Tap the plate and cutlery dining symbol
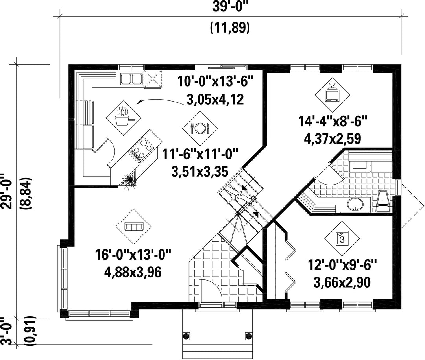(200, 127)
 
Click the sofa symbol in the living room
(133, 226)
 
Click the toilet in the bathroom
(383, 201)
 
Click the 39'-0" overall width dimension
(230, 7)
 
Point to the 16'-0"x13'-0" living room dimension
(133, 255)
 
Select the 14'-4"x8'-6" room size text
(333, 121)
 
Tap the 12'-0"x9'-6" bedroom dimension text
(342, 264)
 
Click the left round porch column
(186, 336)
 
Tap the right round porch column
(248, 336)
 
